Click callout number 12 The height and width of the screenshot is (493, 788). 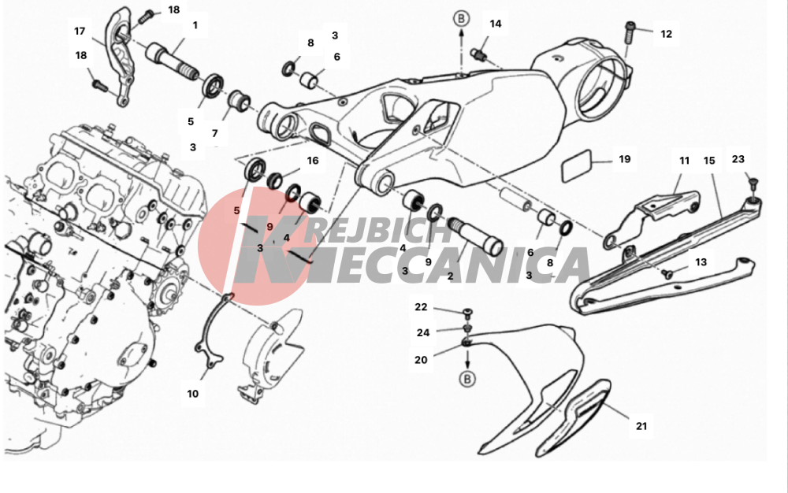click(x=666, y=34)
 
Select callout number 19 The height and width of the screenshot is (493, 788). click(x=625, y=159)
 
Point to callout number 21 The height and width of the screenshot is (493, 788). click(x=641, y=426)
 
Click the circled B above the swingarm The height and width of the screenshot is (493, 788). click(x=461, y=19)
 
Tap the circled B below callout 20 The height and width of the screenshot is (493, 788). click(x=467, y=379)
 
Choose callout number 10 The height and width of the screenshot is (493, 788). click(x=192, y=394)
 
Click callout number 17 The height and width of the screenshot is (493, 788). click(x=80, y=32)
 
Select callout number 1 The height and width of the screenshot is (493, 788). click(x=195, y=25)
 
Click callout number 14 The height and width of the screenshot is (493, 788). click(x=496, y=24)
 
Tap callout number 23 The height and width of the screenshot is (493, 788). click(x=738, y=159)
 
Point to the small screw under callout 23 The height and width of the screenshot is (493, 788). click(x=753, y=183)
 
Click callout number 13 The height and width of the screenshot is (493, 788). click(x=701, y=262)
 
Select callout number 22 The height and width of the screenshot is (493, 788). click(x=421, y=306)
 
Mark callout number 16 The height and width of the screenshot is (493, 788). click(x=313, y=161)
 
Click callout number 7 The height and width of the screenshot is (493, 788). click(x=214, y=134)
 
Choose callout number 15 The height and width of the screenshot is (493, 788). click(x=709, y=161)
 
